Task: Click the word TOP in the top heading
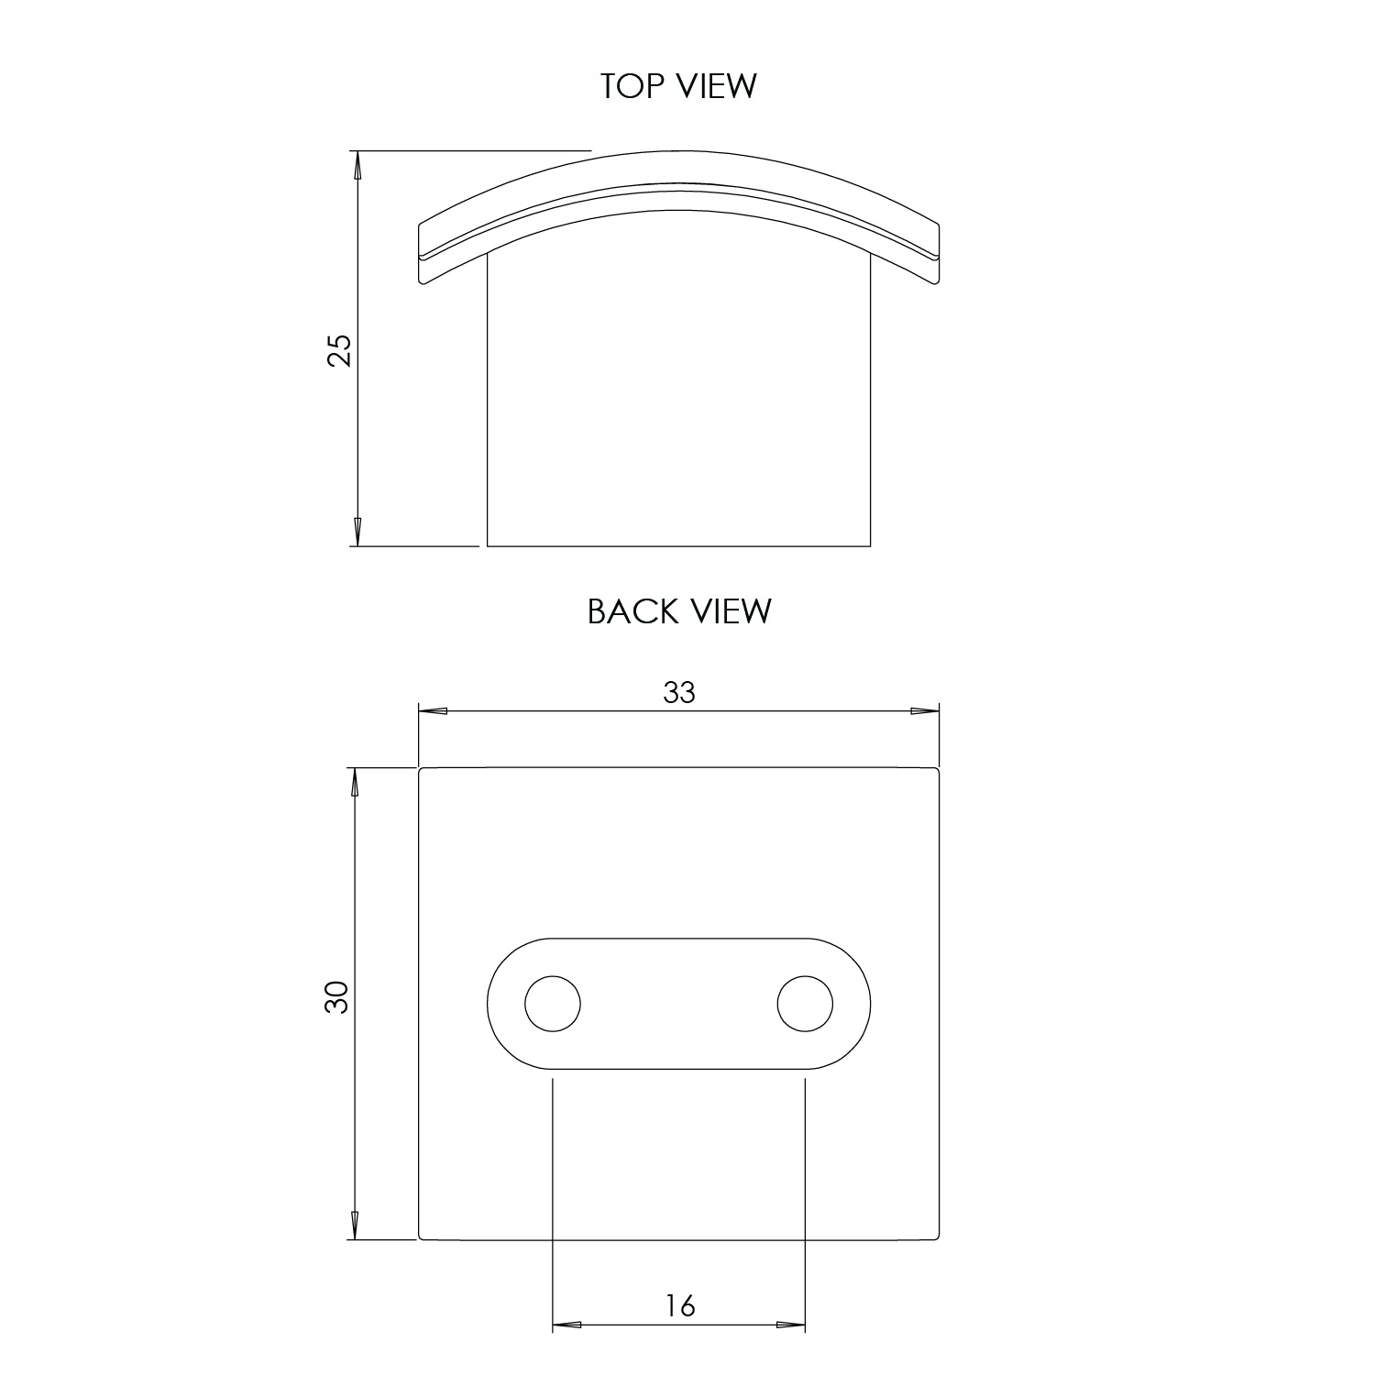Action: [x=632, y=86]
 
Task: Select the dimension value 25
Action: [x=339, y=349]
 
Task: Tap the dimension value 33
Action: [x=679, y=693]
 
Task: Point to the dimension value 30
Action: [x=337, y=996]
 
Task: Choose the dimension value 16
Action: [x=679, y=1305]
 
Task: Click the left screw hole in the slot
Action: [x=553, y=1004]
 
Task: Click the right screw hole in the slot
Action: [x=805, y=1004]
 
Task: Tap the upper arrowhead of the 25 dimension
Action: [x=357, y=165]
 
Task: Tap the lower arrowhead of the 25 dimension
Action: [x=357, y=532]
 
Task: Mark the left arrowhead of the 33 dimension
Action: [x=434, y=710]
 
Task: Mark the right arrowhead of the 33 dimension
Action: [x=924, y=710]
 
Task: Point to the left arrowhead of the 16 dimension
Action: [x=567, y=1325]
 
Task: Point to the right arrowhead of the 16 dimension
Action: [x=790, y=1325]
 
